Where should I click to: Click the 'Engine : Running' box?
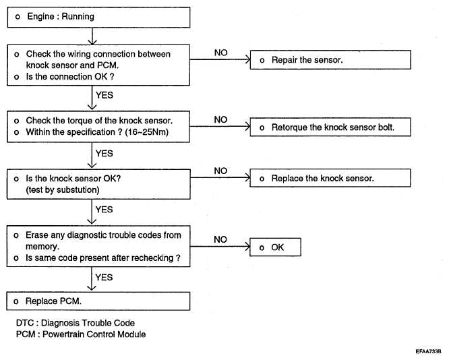click(x=99, y=17)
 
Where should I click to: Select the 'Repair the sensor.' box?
click(x=330, y=60)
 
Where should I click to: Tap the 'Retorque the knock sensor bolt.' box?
click(x=330, y=127)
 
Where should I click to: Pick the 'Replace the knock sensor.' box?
click(x=330, y=178)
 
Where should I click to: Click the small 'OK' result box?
click(x=275, y=247)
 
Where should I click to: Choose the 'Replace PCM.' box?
click(x=98, y=301)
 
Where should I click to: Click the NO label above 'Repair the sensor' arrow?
click(x=220, y=53)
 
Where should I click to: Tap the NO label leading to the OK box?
click(x=220, y=239)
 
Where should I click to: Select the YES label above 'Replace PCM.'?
click(x=104, y=277)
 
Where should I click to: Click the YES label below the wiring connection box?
click(x=104, y=95)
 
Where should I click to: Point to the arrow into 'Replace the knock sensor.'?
click(x=220, y=177)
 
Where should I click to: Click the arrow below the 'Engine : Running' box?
click(x=92, y=36)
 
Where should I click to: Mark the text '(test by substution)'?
click(x=63, y=190)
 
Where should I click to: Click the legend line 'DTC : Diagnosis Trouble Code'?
click(x=76, y=323)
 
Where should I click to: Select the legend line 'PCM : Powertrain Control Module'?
click(x=81, y=334)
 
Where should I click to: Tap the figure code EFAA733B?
click(x=428, y=351)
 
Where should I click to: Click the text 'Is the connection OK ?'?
click(x=70, y=77)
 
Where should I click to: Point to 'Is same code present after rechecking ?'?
click(x=103, y=258)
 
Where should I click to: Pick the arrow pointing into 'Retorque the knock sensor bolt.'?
click(x=220, y=126)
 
